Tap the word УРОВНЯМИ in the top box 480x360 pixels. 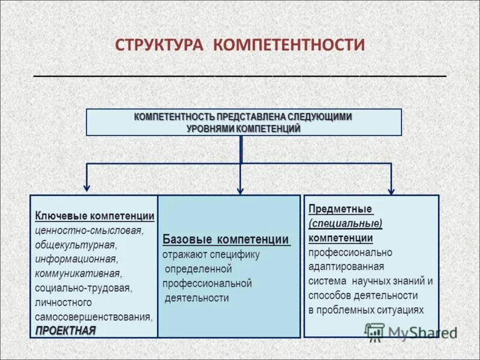tap(210, 128)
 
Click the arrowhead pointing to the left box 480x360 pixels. tap(88, 187)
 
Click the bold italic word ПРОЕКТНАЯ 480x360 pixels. tap(65, 331)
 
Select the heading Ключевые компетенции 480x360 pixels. tap(95, 216)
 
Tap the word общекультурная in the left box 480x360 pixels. tap(75, 245)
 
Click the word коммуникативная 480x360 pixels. tap(78, 274)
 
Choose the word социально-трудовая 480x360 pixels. tap(83, 288)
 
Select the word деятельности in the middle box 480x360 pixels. tap(197, 298)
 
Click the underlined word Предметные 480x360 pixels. tap(340, 209)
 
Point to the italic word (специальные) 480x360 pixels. tap(346, 223)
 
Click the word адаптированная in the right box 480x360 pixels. tap(347, 266)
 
